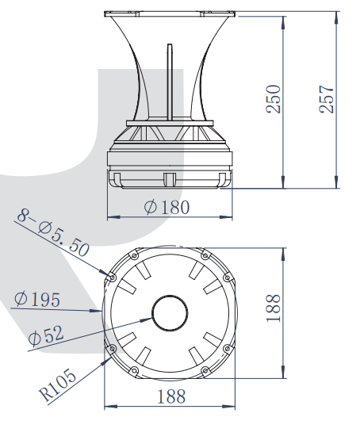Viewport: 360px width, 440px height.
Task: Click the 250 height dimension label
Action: [273, 99]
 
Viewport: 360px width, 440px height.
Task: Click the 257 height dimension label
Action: [327, 99]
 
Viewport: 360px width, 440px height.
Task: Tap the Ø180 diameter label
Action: [167, 208]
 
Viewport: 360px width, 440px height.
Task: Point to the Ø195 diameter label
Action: [37, 299]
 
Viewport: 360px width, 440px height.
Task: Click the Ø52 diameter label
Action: [46, 335]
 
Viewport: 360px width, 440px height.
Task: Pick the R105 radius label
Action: [57, 385]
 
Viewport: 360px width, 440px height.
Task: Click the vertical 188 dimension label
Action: [273, 308]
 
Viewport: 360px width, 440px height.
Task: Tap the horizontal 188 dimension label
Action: [171, 396]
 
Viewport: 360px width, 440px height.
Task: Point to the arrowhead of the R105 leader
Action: [105, 361]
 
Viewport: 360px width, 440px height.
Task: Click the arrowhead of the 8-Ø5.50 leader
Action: [104, 272]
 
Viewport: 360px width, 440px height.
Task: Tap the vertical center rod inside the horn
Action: [170, 82]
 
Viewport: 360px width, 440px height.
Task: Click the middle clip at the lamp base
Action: [170, 179]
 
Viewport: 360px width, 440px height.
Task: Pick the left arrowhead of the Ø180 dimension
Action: [113, 217]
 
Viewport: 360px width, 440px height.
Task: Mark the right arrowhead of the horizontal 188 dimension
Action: [229, 406]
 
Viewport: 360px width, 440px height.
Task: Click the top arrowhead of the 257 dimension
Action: [337, 17]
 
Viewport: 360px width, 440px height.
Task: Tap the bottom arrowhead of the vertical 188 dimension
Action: [283, 372]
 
